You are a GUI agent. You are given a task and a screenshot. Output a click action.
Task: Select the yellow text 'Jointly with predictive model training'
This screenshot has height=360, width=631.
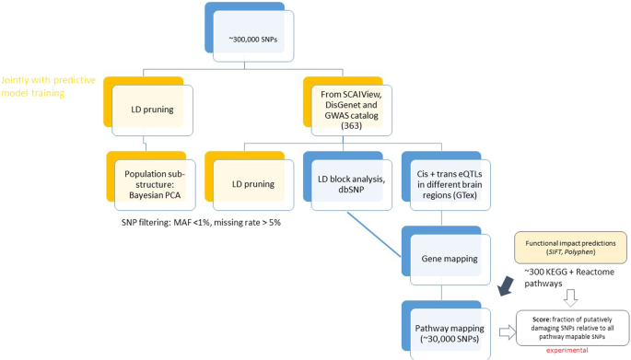[x=48, y=87]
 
